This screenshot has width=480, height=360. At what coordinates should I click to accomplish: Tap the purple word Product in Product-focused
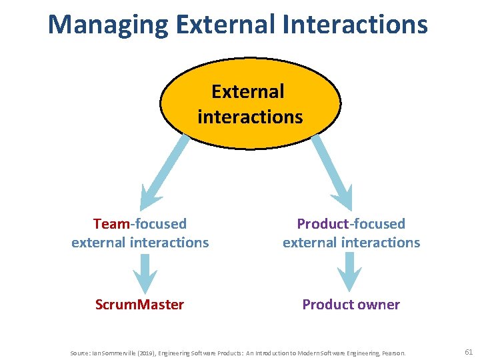(x=323, y=224)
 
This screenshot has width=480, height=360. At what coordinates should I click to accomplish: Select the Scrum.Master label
(x=139, y=305)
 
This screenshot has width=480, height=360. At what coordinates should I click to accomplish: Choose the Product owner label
(x=351, y=305)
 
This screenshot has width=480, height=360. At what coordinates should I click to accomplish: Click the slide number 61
(x=468, y=351)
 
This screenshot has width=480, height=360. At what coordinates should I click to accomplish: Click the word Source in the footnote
(x=79, y=352)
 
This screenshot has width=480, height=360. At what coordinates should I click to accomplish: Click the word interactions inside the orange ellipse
(x=250, y=117)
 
